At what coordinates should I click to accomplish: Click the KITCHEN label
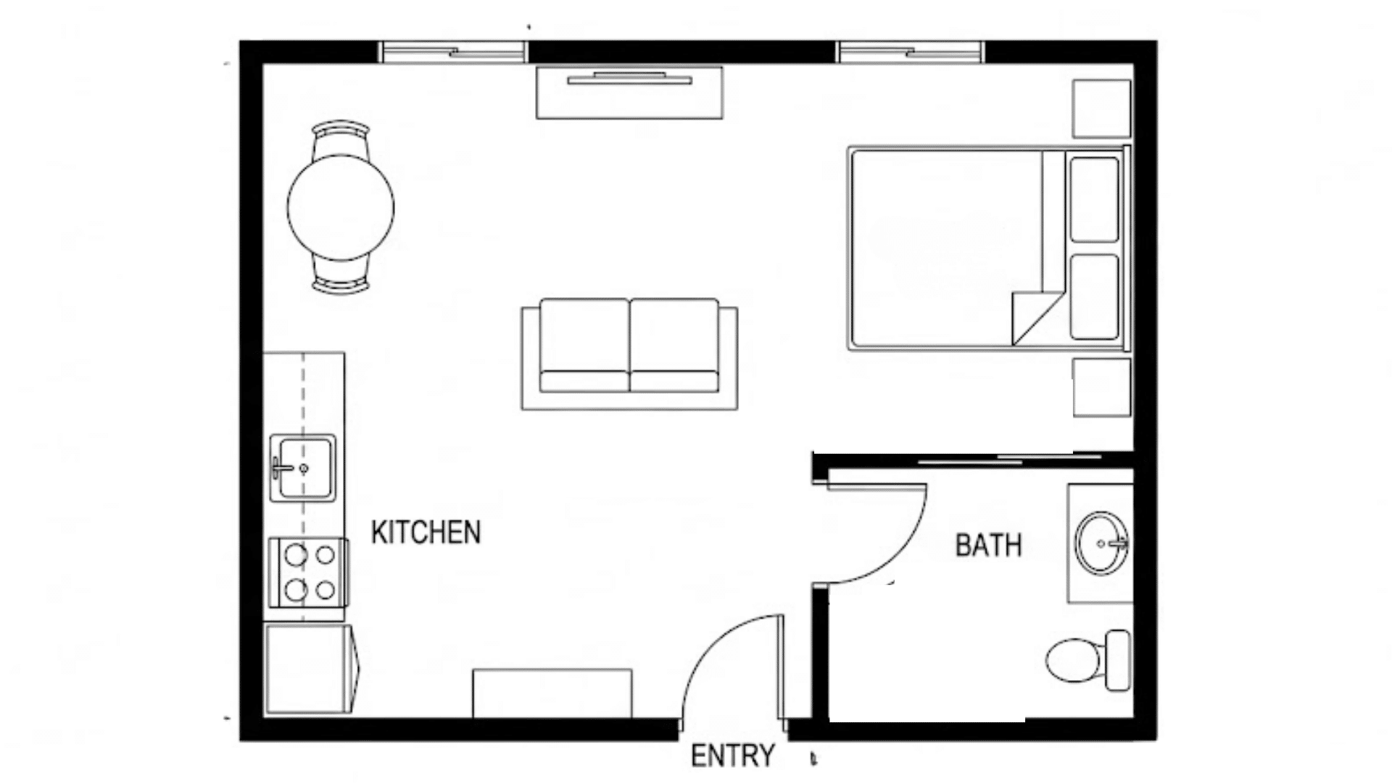click(426, 533)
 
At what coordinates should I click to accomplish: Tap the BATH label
click(988, 545)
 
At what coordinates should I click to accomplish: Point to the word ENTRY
click(732, 756)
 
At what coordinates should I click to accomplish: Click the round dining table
click(341, 207)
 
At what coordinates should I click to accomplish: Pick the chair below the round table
click(341, 277)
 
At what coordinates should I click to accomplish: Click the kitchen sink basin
click(303, 468)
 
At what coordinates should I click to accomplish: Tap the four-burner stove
click(309, 572)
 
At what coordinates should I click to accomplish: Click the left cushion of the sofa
click(584, 344)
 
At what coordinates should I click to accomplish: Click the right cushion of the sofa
click(674, 344)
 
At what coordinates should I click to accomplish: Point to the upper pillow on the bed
click(1094, 199)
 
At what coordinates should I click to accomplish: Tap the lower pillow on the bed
click(1094, 297)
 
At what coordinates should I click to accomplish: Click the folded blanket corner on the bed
click(1033, 315)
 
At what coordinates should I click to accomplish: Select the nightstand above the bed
click(1101, 108)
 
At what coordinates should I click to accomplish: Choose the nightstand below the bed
click(1101, 387)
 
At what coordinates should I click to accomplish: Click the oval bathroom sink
click(1101, 542)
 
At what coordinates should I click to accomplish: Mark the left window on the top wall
click(453, 52)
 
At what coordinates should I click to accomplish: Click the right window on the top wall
click(910, 52)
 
